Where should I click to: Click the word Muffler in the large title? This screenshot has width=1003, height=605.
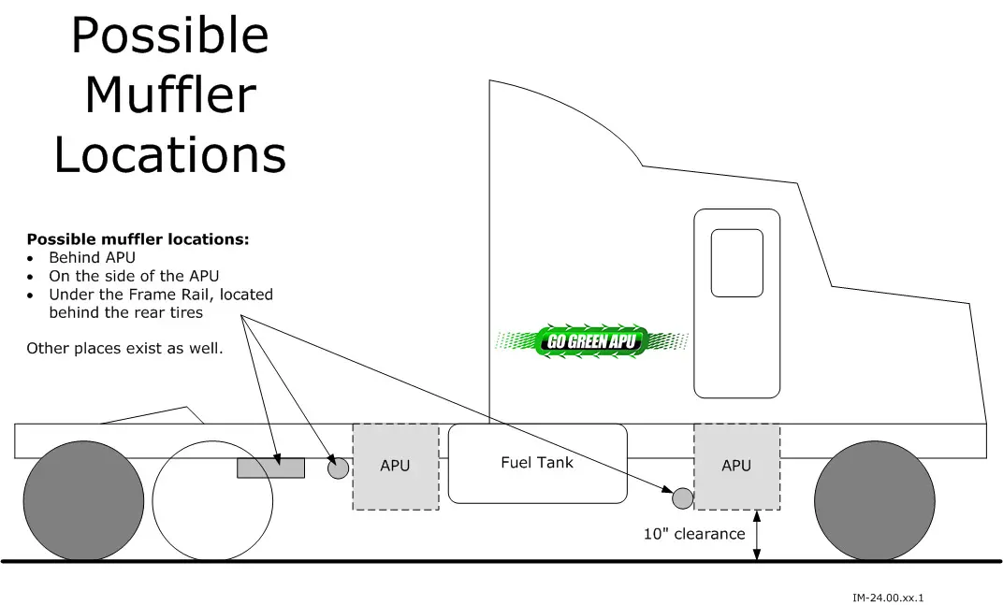click(169, 94)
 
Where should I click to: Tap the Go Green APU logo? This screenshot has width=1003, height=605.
click(592, 340)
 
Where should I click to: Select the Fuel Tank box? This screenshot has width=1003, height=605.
click(537, 463)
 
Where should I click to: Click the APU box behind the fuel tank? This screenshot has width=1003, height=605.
click(395, 466)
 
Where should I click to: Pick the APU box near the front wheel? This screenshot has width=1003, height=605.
click(736, 466)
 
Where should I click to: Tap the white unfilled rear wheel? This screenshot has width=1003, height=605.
click(212, 500)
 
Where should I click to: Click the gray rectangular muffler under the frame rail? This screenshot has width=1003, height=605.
click(270, 468)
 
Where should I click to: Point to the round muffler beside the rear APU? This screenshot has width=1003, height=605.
click(338, 468)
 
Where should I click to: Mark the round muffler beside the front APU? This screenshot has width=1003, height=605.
click(683, 498)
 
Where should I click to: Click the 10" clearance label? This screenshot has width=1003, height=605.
click(694, 534)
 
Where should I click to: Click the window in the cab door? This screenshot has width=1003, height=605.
click(736, 263)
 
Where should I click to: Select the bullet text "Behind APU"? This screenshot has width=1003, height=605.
click(92, 257)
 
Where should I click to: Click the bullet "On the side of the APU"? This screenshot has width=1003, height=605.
click(134, 276)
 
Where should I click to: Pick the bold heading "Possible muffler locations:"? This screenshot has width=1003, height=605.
click(138, 238)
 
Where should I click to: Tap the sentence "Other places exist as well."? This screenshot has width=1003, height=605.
click(124, 349)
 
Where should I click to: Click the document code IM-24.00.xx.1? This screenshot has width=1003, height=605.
click(894, 598)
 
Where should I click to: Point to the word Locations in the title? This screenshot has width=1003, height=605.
click(169, 154)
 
